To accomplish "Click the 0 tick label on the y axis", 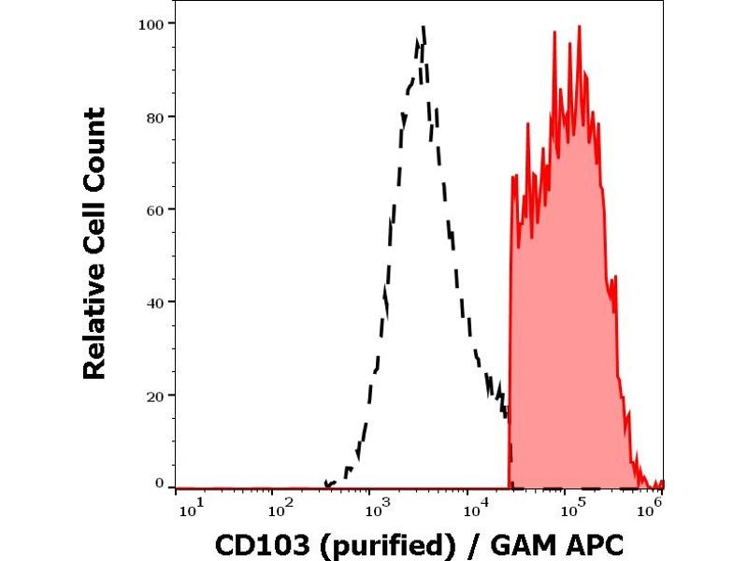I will click(160, 483).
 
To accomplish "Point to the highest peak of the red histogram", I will click(580, 26).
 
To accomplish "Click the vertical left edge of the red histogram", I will click(510, 327).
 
